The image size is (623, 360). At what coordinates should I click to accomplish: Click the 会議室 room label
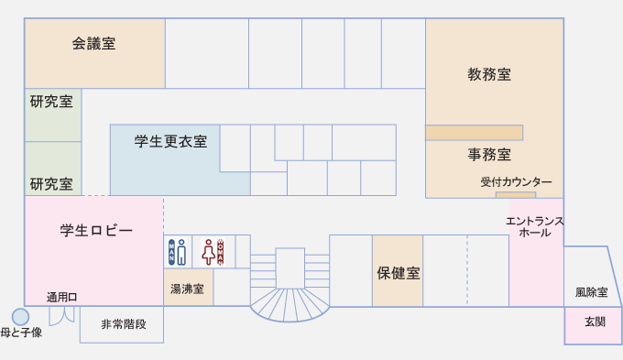click(93, 44)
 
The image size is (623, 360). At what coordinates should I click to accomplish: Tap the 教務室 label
click(489, 74)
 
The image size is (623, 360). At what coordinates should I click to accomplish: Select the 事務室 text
click(489, 154)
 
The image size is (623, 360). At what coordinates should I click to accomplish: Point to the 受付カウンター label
click(516, 182)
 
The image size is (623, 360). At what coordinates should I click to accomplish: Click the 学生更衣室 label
click(170, 141)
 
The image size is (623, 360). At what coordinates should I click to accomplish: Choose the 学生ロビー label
click(96, 231)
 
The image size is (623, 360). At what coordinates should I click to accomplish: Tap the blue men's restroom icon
click(177, 252)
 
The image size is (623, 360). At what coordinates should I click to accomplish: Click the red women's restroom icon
click(213, 252)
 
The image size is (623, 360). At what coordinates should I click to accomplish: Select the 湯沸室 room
click(189, 288)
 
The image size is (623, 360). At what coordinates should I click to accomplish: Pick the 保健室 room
click(398, 271)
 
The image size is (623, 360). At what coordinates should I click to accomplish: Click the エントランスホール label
click(535, 227)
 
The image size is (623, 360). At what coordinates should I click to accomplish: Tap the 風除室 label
click(591, 292)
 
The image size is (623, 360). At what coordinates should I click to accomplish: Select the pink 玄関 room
click(593, 325)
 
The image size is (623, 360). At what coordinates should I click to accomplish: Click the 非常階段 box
click(122, 324)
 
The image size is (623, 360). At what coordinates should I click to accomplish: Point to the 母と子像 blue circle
click(20, 317)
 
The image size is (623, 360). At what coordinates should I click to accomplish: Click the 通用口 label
click(61, 297)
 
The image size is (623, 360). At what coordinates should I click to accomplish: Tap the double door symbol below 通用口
click(61, 316)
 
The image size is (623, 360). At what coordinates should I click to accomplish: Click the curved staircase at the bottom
click(290, 305)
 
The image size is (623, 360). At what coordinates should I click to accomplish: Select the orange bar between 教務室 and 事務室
click(474, 133)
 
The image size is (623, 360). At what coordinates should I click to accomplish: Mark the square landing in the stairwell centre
click(290, 268)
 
